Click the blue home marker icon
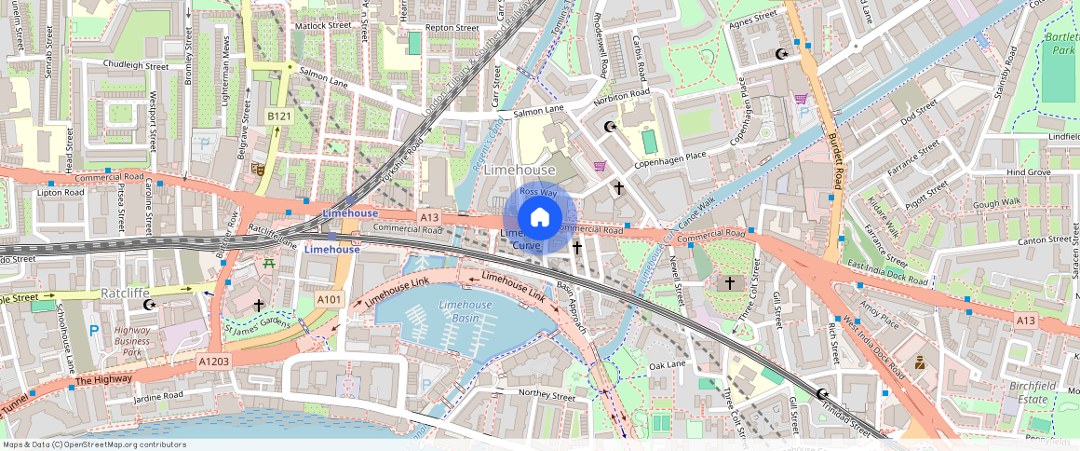(539, 217)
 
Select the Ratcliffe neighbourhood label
(126, 293)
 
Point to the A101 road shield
(329, 299)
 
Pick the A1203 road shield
(213, 360)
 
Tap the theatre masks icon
(258, 169)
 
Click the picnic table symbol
(270, 264)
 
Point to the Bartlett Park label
(1060, 43)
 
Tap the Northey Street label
(547, 395)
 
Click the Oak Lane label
(667, 366)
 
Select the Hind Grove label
(1028, 172)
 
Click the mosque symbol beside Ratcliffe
(148, 305)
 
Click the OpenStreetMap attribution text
(93, 444)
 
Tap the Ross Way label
(538, 191)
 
